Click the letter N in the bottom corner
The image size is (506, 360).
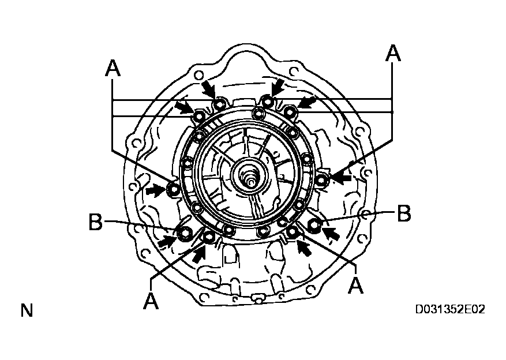(x=27, y=310)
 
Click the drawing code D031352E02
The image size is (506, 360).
(x=450, y=310)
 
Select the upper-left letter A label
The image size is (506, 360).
(x=113, y=69)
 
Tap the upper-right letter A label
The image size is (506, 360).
(x=392, y=53)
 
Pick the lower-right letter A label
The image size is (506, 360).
(x=357, y=284)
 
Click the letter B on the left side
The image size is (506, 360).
(x=96, y=222)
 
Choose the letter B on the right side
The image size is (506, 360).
(x=404, y=213)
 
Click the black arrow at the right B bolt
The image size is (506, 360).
(x=331, y=234)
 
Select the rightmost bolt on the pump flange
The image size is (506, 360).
(x=323, y=181)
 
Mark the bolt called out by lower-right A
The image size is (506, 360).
(x=293, y=232)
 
